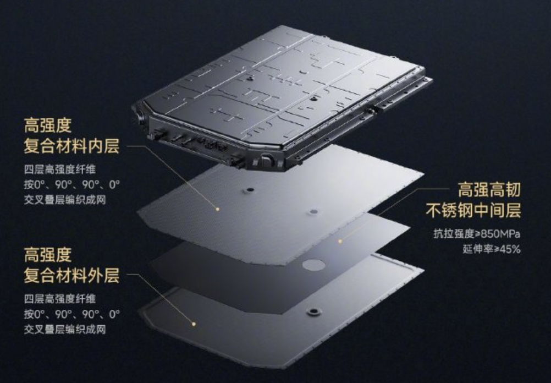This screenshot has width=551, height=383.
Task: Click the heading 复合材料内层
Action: click(x=71, y=146)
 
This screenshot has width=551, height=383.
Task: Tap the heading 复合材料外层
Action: click(x=71, y=275)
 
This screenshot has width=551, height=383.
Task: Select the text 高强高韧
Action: click(x=489, y=190)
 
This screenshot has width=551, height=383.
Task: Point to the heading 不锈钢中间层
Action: click(x=473, y=211)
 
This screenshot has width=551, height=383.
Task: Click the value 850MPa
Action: click(x=498, y=233)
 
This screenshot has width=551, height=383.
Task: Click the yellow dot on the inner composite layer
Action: click(x=218, y=209)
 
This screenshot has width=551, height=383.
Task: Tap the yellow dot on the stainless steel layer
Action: click(x=340, y=241)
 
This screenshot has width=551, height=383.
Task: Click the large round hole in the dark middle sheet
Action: click(x=314, y=265)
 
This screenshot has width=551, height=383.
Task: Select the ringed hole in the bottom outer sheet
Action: click(x=313, y=312)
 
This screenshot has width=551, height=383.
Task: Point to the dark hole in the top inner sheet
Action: click(x=250, y=190)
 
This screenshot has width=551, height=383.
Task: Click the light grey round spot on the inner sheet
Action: click(x=314, y=212)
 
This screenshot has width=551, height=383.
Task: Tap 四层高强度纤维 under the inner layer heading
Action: click(x=60, y=169)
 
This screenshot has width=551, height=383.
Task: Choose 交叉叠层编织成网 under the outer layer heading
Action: click(x=65, y=330)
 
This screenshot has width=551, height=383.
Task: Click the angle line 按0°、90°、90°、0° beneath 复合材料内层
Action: click(x=72, y=185)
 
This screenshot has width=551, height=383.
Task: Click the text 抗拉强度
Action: click(x=449, y=233)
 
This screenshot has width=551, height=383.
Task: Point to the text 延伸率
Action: click(x=475, y=249)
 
